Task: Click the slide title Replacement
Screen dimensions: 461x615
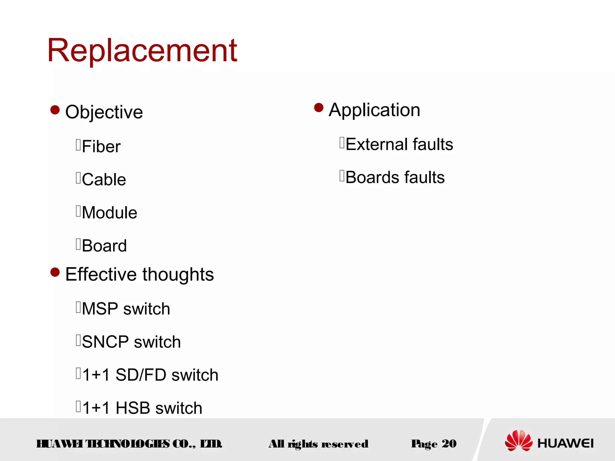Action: pyautogui.click(x=142, y=50)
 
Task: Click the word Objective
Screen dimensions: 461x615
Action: pyautogui.click(x=104, y=112)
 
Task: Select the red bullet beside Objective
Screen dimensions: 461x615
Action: pyautogui.click(x=55, y=110)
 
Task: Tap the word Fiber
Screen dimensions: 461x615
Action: pyautogui.click(x=101, y=147)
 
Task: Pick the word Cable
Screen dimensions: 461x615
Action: pyautogui.click(x=104, y=180)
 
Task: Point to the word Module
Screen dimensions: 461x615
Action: pyautogui.click(x=110, y=213)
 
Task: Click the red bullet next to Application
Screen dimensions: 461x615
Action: pyautogui.click(x=319, y=107)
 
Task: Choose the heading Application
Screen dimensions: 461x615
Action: pyautogui.click(x=374, y=110)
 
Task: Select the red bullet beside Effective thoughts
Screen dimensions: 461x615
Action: pyautogui.click(x=55, y=272)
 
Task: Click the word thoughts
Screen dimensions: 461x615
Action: pyautogui.click(x=178, y=275)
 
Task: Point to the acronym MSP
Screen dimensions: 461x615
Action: pyautogui.click(x=100, y=309)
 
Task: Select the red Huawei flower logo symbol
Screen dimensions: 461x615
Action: pyautogui.click(x=519, y=441)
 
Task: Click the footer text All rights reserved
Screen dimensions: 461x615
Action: pyautogui.click(x=318, y=444)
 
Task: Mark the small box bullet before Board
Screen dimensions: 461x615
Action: pyautogui.click(x=78, y=244)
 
